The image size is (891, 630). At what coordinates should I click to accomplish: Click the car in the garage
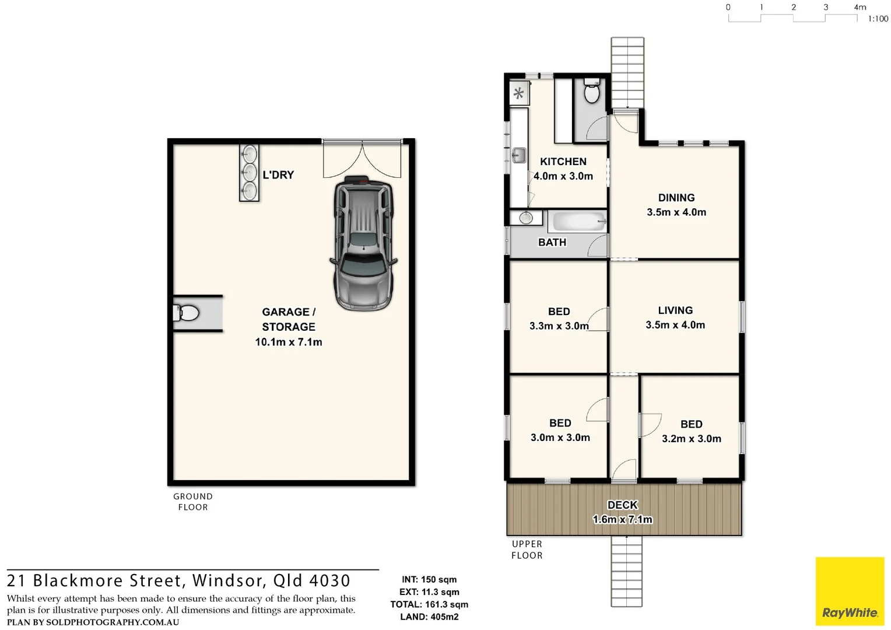coord(363,243)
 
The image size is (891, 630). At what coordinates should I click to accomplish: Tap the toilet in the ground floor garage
coord(187,313)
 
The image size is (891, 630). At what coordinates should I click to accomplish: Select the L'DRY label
coord(278,175)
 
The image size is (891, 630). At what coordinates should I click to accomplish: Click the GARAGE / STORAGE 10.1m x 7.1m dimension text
coord(289,342)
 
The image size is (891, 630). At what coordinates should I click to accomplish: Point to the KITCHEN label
coord(563,162)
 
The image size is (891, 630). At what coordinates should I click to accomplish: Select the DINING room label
coord(676,198)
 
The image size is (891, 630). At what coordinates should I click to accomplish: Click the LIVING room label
coord(675,310)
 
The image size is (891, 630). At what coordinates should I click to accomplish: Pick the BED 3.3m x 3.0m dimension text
coord(559,326)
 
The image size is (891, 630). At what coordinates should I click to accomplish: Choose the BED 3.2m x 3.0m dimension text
coord(692,439)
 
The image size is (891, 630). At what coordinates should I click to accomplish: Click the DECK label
coord(623,505)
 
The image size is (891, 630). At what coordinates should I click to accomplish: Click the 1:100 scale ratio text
coord(878,19)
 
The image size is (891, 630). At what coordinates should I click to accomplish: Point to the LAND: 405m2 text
coord(429,617)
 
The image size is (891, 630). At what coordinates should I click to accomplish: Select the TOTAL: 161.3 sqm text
coord(429,604)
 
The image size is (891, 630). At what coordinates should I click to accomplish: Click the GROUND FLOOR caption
coord(193,502)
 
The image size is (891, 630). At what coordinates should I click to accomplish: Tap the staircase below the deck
coord(626,571)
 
